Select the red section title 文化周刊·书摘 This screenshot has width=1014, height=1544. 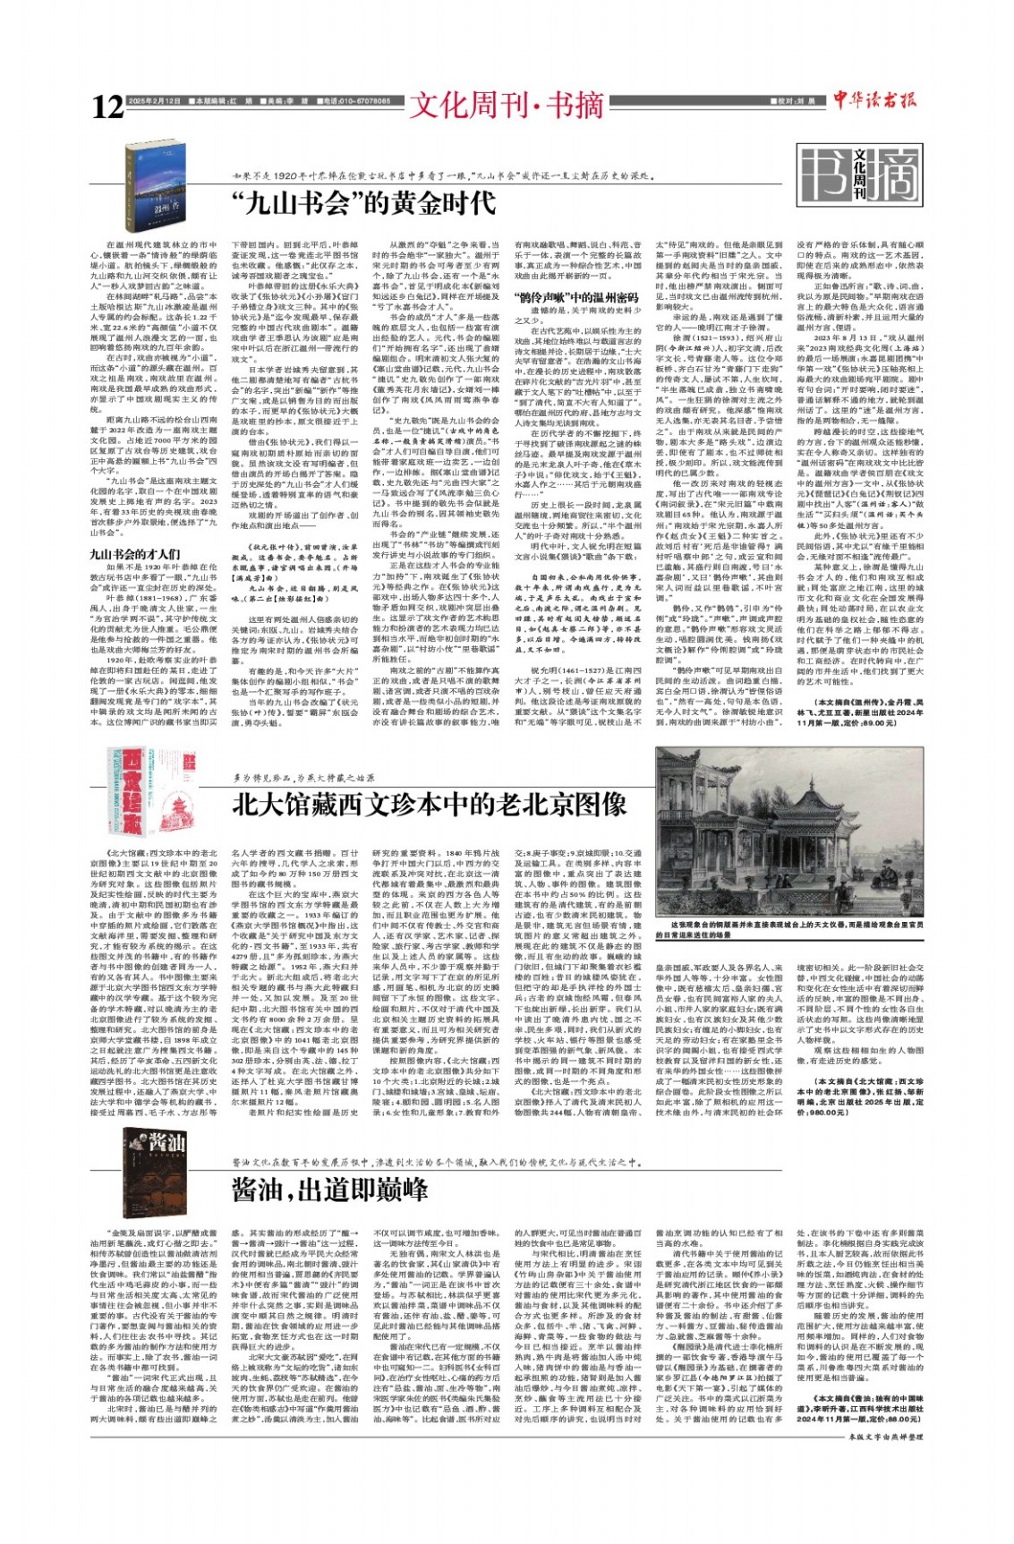[507, 106]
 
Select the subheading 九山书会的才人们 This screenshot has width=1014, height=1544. [134, 554]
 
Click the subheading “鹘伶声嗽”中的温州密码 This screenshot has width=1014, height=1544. [575, 296]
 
